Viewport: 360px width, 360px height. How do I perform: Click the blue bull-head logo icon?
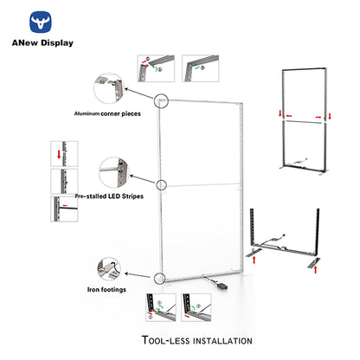click(41, 22)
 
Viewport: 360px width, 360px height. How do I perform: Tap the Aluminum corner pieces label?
click(107, 113)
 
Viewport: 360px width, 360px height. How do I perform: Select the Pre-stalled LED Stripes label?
click(109, 196)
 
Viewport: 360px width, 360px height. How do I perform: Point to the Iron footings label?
click(106, 289)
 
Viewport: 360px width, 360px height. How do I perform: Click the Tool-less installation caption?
click(197, 340)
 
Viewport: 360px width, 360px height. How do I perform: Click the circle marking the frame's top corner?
click(161, 101)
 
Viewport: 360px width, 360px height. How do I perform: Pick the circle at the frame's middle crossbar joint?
click(161, 185)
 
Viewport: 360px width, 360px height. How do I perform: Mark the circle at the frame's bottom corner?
click(159, 279)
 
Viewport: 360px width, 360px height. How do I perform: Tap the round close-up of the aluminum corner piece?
click(109, 88)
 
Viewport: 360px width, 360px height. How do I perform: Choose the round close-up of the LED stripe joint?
click(113, 173)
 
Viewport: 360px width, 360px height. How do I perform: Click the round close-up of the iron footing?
click(109, 269)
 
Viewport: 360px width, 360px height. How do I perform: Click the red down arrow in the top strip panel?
click(59, 154)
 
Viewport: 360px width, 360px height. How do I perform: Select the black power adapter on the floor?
click(222, 286)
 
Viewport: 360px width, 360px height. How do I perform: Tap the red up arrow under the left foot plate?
click(254, 260)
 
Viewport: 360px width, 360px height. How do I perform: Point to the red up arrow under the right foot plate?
click(316, 270)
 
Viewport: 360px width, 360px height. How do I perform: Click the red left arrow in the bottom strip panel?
click(65, 205)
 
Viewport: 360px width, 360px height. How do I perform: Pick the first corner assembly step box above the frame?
click(156, 68)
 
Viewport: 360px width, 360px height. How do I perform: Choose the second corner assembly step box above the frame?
click(201, 68)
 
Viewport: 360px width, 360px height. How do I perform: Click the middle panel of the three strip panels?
click(64, 182)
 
